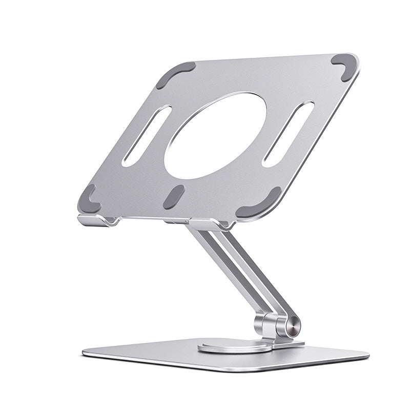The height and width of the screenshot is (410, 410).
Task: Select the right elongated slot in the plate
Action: click(x=288, y=133)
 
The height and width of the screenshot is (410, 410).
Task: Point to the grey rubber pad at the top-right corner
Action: click(x=343, y=66)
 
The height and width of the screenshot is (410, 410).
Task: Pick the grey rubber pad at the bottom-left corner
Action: click(x=89, y=199)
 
